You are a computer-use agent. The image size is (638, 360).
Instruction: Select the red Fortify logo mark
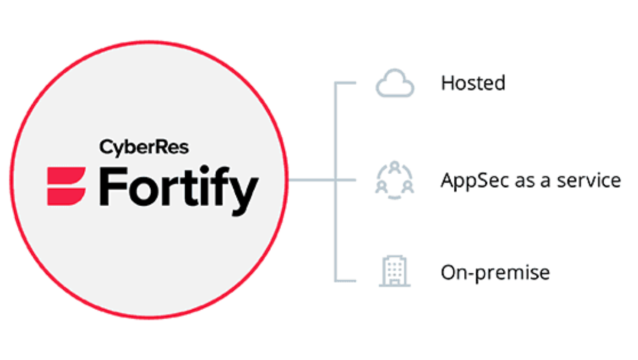coord(66,186)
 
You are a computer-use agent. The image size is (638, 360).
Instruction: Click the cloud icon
coord(395,85)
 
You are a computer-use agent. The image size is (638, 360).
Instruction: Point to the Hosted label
coord(473,83)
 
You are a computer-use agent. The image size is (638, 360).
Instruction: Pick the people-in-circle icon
coord(395,180)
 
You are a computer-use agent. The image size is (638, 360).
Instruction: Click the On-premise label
coord(495,273)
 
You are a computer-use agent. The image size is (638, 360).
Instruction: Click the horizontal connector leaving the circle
coord(311,180)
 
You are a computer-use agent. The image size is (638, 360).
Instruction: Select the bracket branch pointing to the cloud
coord(346,83)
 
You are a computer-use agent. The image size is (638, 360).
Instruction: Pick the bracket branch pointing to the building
coord(346,280)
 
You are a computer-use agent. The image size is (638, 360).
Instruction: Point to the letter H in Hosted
coord(447,83)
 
